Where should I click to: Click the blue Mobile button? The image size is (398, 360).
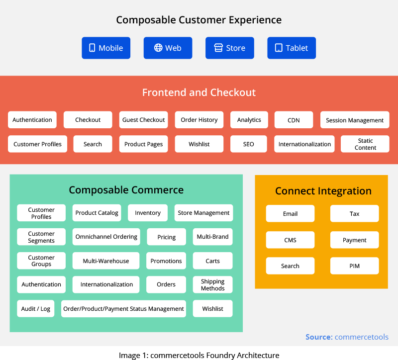(x=106, y=48)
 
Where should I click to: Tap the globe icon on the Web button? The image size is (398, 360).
(x=158, y=48)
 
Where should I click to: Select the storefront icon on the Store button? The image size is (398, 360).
(x=218, y=48)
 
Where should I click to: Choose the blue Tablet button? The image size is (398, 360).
(x=292, y=48)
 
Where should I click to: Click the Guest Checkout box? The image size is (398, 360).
(x=143, y=120)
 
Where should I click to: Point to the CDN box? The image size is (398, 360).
(x=294, y=120)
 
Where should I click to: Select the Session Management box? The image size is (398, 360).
(x=355, y=120)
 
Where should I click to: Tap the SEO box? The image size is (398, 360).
(x=248, y=144)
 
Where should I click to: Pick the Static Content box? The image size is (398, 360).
(x=365, y=144)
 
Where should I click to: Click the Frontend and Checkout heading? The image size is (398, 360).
(x=199, y=92)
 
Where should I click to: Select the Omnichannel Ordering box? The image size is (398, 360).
(x=106, y=237)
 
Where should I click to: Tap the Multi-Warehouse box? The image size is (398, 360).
(x=106, y=261)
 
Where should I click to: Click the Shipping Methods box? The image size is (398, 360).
(x=213, y=284)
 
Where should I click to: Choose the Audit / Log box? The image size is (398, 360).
(x=35, y=308)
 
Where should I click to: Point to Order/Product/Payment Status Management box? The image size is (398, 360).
(x=123, y=308)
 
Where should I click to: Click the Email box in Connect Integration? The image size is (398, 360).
(x=290, y=214)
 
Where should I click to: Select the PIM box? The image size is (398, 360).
(x=354, y=266)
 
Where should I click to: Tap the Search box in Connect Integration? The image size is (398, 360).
(x=290, y=266)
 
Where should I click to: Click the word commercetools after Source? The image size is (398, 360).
(x=362, y=337)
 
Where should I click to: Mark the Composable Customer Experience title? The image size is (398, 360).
(x=199, y=20)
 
